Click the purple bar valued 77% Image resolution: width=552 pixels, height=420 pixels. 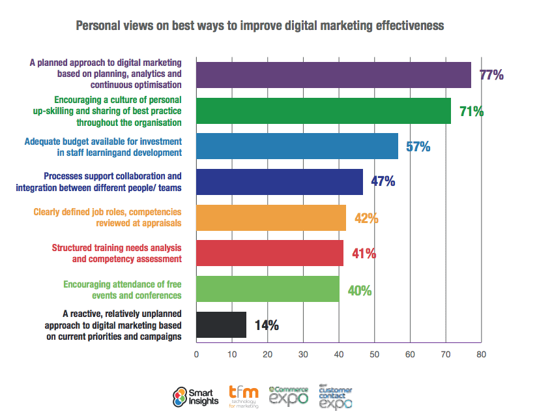point(333,75)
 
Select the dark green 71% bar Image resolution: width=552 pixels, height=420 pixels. point(323,111)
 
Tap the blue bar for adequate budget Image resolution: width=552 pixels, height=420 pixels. point(297,146)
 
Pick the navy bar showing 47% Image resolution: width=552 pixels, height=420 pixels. point(280,182)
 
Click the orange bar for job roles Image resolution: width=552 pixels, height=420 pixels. point(271,217)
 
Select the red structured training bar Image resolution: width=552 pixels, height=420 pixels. point(270,253)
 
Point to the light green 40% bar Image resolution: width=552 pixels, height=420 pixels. point(268,289)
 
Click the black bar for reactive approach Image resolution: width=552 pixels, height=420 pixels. point(222,324)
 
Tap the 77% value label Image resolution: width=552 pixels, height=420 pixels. point(491,75)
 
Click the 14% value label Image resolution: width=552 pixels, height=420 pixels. point(267,325)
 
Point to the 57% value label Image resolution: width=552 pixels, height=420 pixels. point(418,147)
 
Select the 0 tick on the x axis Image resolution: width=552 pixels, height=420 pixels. point(197,355)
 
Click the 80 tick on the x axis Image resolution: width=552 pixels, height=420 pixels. point(481,355)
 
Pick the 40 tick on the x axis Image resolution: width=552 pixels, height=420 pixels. point(339,355)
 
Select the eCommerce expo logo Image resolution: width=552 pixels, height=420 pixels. point(289,395)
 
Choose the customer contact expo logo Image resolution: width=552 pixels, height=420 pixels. point(336,397)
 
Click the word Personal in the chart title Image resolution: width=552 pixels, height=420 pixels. point(98,26)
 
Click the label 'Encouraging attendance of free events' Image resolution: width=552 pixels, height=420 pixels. point(122,289)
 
